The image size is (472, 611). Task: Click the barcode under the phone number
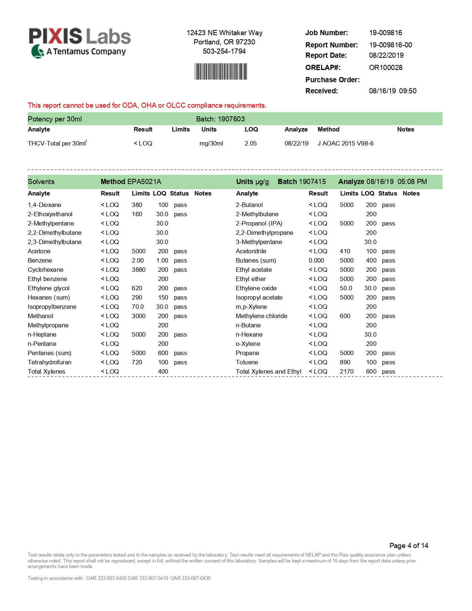[x=221, y=71]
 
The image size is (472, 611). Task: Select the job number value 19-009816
[x=385, y=33]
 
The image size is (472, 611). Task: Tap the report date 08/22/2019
[x=386, y=55]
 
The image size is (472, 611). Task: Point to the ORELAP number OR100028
[x=385, y=67]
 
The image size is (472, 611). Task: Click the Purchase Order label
[x=332, y=80]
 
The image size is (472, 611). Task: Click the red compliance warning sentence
[x=147, y=106]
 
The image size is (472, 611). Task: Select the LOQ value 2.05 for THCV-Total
[x=250, y=143]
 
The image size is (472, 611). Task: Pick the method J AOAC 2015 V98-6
[x=345, y=143]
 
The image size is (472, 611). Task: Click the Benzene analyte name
[x=40, y=260]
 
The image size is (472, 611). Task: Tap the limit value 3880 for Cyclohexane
[x=138, y=270]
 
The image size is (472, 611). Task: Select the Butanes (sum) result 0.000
[x=316, y=260]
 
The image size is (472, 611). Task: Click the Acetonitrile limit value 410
[x=345, y=251]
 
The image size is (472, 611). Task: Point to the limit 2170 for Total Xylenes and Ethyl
[x=347, y=371]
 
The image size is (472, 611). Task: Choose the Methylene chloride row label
[x=261, y=316]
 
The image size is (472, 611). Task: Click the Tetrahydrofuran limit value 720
[x=137, y=362]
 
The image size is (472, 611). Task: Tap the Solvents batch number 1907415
[x=312, y=181]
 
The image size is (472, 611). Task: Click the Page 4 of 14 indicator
[x=409, y=545]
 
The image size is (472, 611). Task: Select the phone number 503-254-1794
[x=224, y=51]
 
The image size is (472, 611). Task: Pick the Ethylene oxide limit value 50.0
[x=346, y=288]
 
